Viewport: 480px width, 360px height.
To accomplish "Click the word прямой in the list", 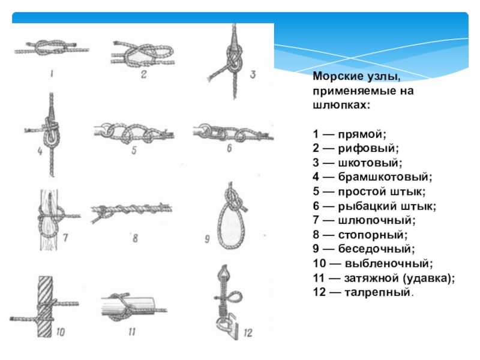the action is (x=362, y=134).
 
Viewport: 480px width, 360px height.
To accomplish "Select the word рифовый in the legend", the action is (x=368, y=148).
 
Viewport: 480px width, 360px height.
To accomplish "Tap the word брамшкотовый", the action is (x=385, y=176).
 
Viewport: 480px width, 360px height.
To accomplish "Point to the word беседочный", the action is (x=376, y=249).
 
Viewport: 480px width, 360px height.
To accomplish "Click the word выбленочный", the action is (x=389, y=263).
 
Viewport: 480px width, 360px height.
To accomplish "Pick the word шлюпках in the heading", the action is (x=341, y=105).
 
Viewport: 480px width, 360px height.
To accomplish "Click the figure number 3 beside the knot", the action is (x=253, y=74).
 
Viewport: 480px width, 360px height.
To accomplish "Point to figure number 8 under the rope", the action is (x=135, y=238).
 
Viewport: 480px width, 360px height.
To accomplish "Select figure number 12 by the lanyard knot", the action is (x=248, y=333).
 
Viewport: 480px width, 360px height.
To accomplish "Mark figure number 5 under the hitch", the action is (x=134, y=151).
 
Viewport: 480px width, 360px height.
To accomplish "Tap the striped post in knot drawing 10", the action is (x=44, y=307).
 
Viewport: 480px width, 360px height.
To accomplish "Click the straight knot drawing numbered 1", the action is (x=52, y=48).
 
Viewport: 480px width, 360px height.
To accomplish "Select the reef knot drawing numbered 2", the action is (x=143, y=54).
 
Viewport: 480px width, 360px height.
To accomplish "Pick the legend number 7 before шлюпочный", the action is (x=316, y=220).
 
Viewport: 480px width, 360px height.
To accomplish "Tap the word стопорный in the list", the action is (x=373, y=235).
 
